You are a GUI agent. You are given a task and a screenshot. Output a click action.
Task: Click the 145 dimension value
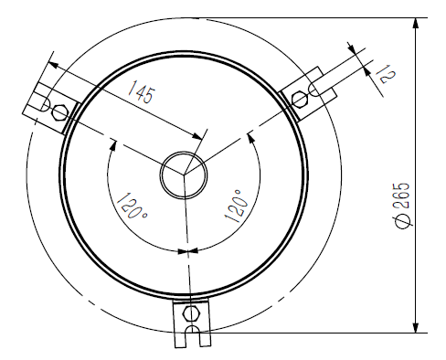click(x=142, y=91)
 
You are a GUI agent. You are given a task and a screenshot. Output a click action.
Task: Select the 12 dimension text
click(x=386, y=74)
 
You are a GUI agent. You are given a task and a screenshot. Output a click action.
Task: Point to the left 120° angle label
click(x=133, y=206)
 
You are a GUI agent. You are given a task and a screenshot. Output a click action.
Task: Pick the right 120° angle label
click(x=236, y=206)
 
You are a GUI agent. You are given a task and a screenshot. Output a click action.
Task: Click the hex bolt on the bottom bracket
click(x=191, y=313)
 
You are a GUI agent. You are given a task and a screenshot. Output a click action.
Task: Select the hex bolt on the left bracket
click(x=60, y=113)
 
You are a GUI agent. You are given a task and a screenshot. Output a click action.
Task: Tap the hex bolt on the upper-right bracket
click(x=299, y=100)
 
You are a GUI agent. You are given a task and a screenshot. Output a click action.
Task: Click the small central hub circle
click(x=184, y=175)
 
